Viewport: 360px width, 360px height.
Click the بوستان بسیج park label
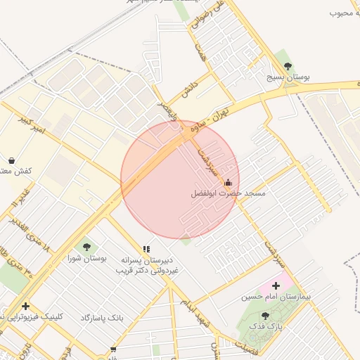click(288, 76)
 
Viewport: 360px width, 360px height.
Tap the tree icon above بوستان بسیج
click(286, 62)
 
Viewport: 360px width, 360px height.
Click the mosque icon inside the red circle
click(228, 184)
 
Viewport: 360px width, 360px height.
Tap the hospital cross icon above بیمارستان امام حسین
click(276, 285)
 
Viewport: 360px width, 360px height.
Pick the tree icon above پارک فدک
click(265, 316)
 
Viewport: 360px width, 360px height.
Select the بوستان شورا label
click(88, 258)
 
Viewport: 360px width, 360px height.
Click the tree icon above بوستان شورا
click(86, 246)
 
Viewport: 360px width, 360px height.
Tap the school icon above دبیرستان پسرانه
click(146, 249)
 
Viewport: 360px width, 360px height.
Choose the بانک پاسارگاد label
click(101, 318)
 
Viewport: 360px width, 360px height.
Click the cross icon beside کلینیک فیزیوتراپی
click(26, 306)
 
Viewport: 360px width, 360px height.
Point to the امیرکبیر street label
click(32, 126)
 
